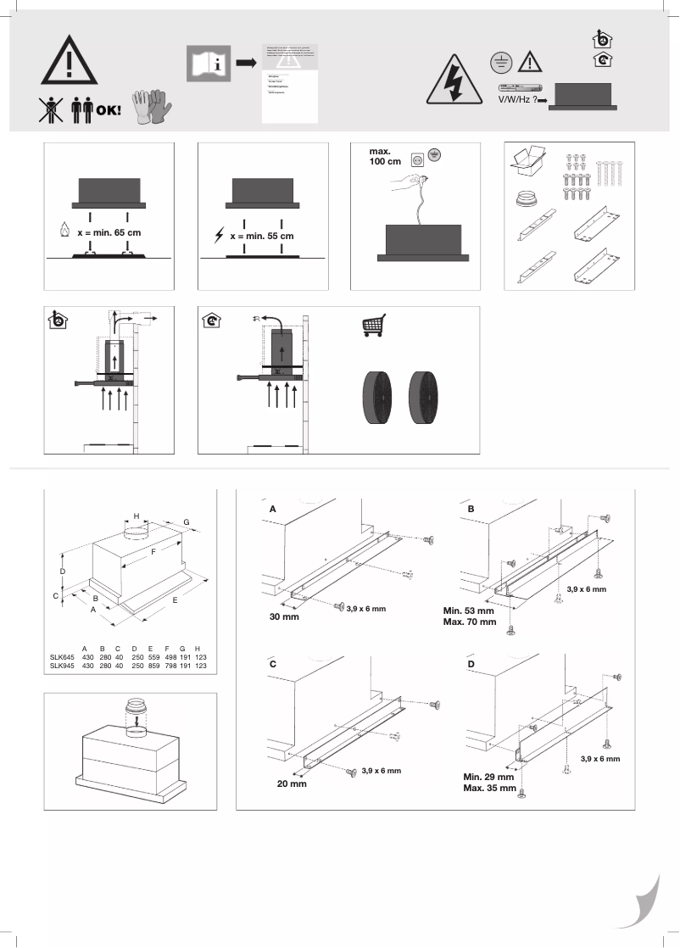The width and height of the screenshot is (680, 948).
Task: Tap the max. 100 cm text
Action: point(386,158)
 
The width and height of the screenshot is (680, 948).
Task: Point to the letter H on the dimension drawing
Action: point(136,516)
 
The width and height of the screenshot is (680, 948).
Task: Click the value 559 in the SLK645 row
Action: point(154,657)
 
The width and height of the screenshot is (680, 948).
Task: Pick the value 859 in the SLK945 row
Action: point(154,666)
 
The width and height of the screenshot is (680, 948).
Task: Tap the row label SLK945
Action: point(62,666)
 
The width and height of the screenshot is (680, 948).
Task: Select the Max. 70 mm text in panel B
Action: point(469,621)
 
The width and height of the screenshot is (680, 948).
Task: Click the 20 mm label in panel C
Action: point(290,783)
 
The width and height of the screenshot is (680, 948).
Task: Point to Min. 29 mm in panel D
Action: point(488,777)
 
